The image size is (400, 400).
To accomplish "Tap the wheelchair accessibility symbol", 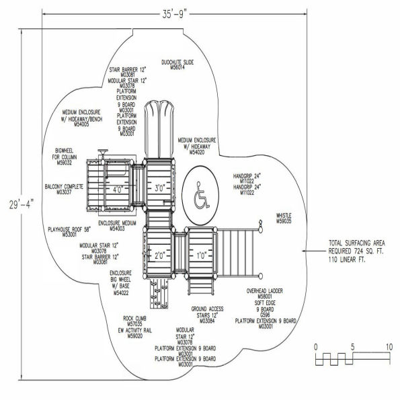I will (200, 196).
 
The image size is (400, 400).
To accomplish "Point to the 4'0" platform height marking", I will (119, 190).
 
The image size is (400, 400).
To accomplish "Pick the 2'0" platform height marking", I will (159, 256).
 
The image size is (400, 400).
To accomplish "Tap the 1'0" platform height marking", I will (200, 256).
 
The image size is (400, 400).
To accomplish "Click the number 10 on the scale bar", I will (389, 346).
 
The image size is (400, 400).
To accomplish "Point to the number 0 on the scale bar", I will (315, 346).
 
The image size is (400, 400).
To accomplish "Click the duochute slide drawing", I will (161, 128).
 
